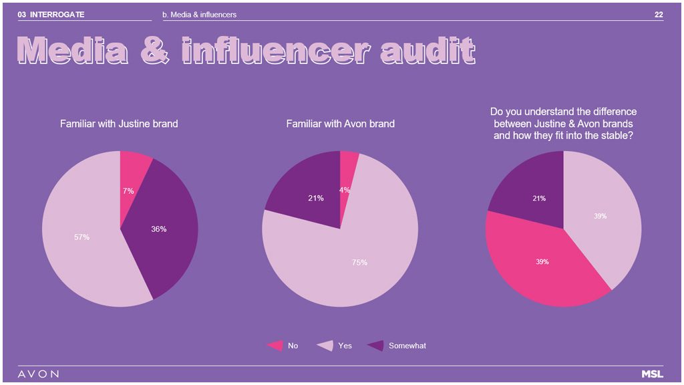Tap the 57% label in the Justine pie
click(x=81, y=237)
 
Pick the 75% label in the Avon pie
click(x=359, y=262)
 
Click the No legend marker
click(x=275, y=346)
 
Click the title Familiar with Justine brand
click(x=119, y=124)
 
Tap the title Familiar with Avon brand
click(x=340, y=124)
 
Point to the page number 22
click(x=659, y=15)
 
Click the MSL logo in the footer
click(x=652, y=374)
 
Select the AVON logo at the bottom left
click(x=38, y=374)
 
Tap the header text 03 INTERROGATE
click(x=51, y=15)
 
